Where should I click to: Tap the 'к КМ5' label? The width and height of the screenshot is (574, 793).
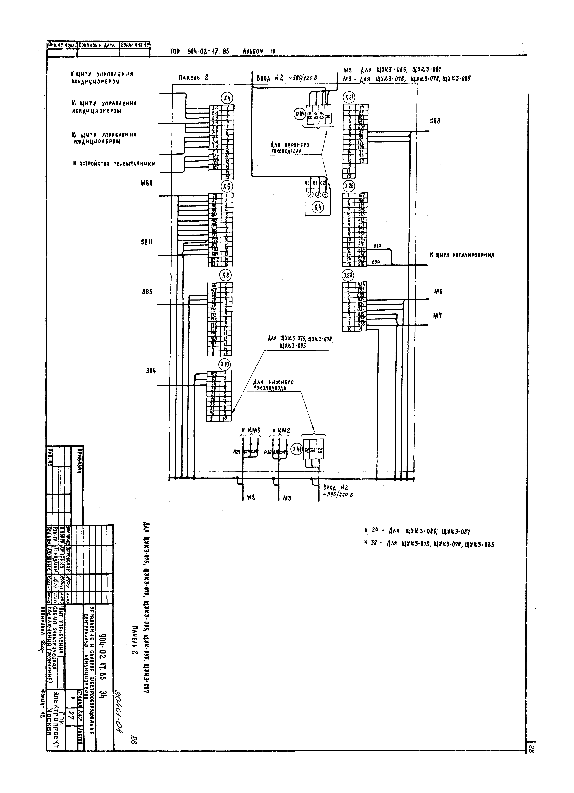click(251, 430)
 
